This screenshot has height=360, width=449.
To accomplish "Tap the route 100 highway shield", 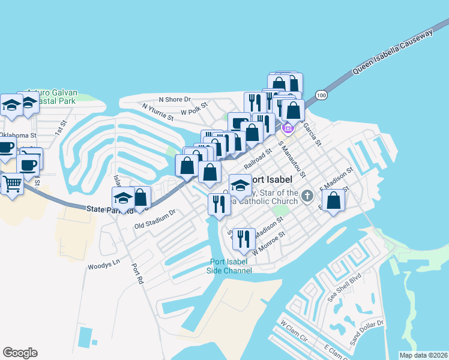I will [x=322, y=95].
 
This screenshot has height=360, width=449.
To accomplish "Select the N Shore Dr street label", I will [x=174, y=99].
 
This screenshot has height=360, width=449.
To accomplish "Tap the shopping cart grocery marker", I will [x=12, y=183].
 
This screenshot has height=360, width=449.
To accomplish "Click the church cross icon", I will [x=307, y=195].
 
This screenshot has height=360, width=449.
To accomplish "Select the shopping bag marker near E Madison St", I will [x=335, y=200].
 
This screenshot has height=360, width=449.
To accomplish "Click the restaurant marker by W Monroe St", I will [x=243, y=239].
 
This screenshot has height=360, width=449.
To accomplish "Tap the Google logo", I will [x=20, y=353].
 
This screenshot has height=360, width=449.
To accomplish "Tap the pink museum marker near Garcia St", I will [x=287, y=128].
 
